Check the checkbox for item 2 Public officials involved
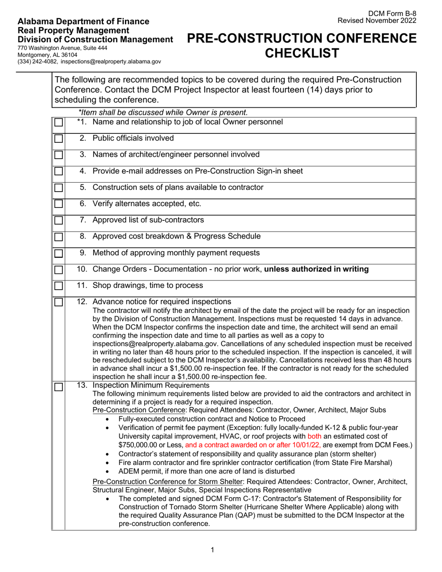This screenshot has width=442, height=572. point(58,139)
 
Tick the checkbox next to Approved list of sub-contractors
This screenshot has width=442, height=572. point(58,220)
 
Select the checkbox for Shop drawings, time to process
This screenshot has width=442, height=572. point(58,286)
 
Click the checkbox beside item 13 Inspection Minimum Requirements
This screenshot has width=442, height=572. point(58,387)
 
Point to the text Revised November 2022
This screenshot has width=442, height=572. point(377,21)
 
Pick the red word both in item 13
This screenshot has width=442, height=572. point(315,436)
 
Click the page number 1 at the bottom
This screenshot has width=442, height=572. point(213,550)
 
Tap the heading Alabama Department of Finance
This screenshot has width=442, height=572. point(83,21)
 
